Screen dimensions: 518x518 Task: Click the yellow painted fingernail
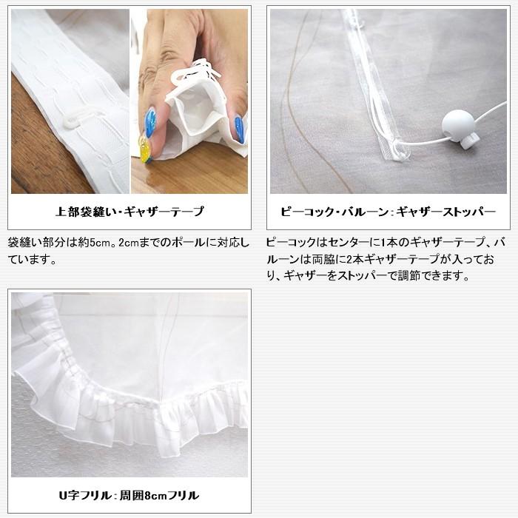(146, 151)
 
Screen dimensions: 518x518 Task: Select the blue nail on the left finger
(150, 122)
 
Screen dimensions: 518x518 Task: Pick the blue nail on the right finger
(239, 129)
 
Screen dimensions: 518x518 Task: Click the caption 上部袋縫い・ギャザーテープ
(129, 212)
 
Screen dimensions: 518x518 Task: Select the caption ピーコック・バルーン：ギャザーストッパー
(388, 212)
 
